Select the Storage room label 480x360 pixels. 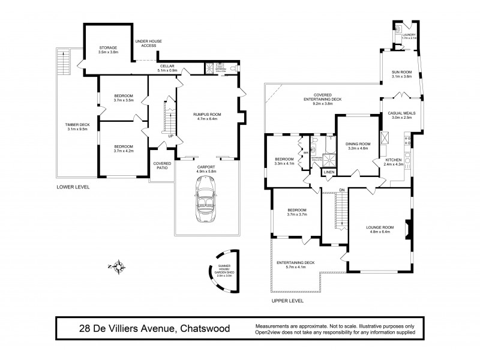coord(109,49)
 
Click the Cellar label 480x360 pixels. coord(166,68)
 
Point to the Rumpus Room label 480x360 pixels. coord(206,115)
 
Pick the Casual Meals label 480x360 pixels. coord(401,115)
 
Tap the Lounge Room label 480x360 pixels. coord(380,229)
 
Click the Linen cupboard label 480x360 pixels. coord(328,173)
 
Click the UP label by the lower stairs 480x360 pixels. coord(171,136)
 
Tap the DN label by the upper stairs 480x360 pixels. coord(342,190)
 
